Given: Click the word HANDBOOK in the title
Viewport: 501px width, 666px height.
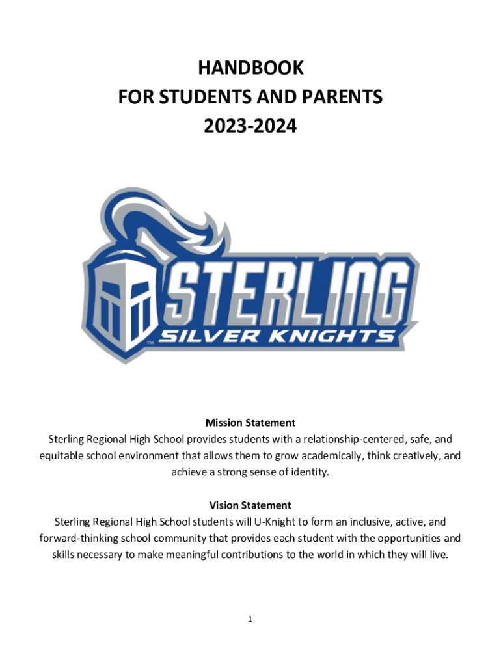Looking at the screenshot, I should point(251,68).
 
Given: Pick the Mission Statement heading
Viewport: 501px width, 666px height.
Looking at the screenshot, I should point(251,423).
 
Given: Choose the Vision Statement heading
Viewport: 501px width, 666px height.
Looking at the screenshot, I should point(251,505).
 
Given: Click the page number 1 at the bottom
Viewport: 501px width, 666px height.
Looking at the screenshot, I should point(250,620).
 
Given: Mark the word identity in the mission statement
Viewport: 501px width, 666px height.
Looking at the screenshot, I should point(311,472).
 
